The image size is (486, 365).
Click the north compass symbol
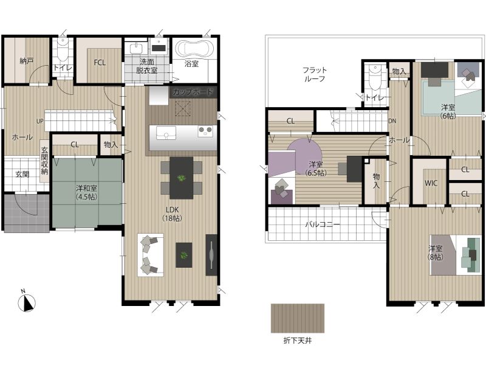[x=26, y=302]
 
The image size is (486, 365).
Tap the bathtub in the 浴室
[x=194, y=49]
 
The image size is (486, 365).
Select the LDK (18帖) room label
[x=172, y=214]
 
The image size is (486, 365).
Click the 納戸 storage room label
[x=27, y=61]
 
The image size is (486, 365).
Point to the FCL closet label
[x=100, y=63]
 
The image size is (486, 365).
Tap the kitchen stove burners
[x=205, y=131]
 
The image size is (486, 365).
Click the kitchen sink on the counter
[x=166, y=133]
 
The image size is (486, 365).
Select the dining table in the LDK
[x=181, y=178]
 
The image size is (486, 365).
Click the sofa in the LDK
[x=151, y=254]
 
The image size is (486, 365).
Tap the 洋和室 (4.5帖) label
[x=86, y=192]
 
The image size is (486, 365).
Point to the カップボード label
[x=193, y=92]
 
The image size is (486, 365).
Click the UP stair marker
[x=40, y=121]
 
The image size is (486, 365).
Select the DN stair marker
[x=392, y=121]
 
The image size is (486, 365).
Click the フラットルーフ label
[x=315, y=74]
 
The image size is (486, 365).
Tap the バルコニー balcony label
[x=323, y=224]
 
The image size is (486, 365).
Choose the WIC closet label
[x=431, y=183]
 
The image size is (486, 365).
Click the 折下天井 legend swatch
[x=298, y=318]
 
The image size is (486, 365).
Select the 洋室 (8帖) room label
[x=436, y=252]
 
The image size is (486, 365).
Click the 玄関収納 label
[x=44, y=160]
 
